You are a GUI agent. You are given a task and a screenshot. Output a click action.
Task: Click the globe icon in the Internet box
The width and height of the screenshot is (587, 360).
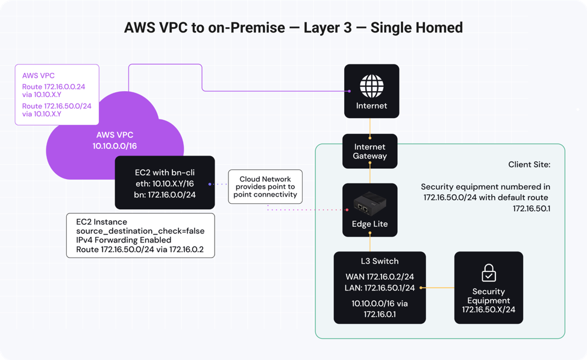click(x=371, y=85)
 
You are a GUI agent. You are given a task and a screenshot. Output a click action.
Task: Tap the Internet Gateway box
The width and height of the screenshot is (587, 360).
click(x=370, y=151)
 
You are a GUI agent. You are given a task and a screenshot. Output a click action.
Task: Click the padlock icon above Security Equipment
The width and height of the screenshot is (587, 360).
click(x=488, y=274)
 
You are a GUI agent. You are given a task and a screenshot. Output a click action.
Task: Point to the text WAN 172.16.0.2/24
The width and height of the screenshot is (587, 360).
click(x=380, y=277)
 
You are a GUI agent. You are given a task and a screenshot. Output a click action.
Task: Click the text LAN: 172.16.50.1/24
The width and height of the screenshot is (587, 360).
click(x=380, y=288)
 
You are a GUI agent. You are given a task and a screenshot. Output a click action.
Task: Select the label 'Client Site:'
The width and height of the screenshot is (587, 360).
click(x=529, y=164)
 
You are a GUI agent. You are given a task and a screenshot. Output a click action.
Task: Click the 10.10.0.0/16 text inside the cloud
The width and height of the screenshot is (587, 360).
click(x=115, y=147)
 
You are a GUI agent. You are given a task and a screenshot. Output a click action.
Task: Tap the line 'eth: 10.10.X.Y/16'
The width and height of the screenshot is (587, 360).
click(x=165, y=183)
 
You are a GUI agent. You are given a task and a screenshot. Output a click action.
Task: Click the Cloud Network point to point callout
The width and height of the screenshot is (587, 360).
click(x=265, y=187)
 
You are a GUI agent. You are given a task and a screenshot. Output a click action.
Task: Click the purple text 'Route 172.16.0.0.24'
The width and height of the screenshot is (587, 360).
click(x=54, y=87)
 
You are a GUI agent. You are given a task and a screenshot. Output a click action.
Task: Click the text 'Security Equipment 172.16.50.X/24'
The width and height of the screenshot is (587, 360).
click(x=488, y=300)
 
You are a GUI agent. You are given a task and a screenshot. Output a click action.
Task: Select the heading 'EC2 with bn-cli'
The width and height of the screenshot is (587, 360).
click(x=165, y=172)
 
